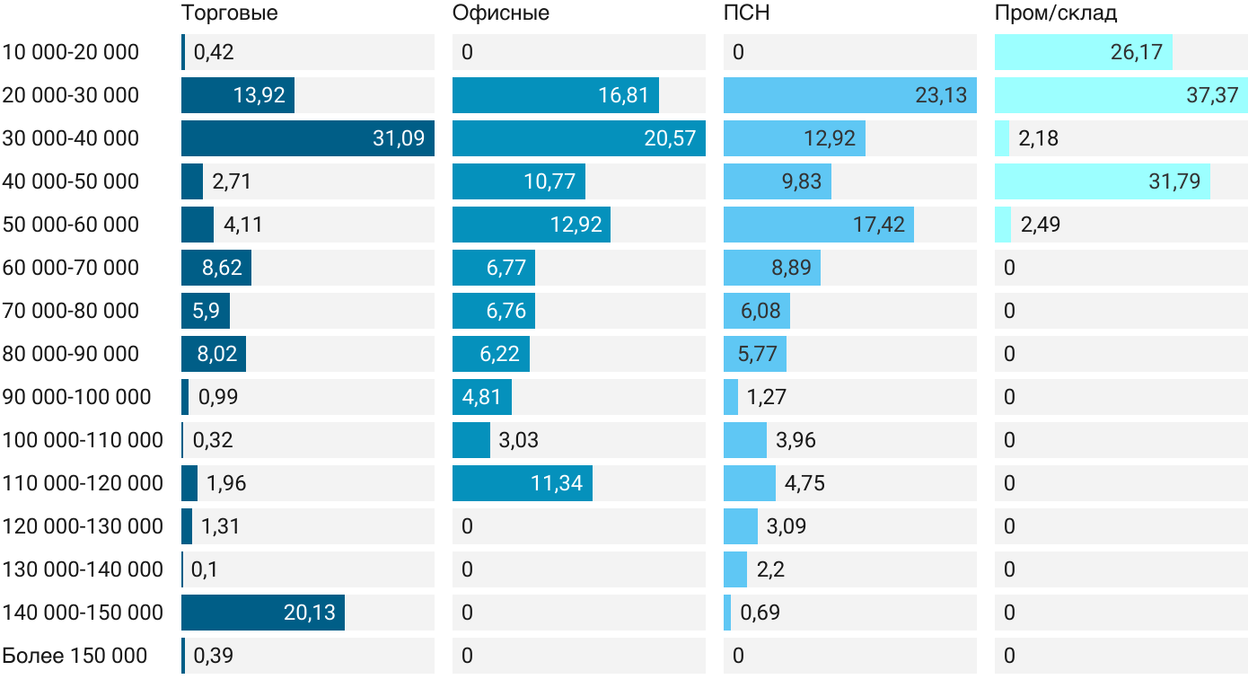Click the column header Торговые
click(230, 13)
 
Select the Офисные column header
click(501, 13)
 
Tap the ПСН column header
click(747, 13)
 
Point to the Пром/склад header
click(1056, 13)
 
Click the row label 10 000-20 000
click(71, 52)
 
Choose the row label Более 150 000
click(75, 656)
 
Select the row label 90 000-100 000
click(77, 397)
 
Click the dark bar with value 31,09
click(308, 138)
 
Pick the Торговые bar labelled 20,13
click(263, 613)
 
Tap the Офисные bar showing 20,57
click(579, 138)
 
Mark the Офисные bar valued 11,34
click(523, 483)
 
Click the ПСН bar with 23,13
click(850, 95)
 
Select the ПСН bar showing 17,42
click(819, 225)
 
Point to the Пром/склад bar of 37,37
click(1121, 95)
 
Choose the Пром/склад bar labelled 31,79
click(1103, 181)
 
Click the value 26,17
click(1136, 52)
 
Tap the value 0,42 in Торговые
click(214, 52)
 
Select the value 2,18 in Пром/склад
click(1038, 138)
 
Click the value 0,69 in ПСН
click(760, 613)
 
